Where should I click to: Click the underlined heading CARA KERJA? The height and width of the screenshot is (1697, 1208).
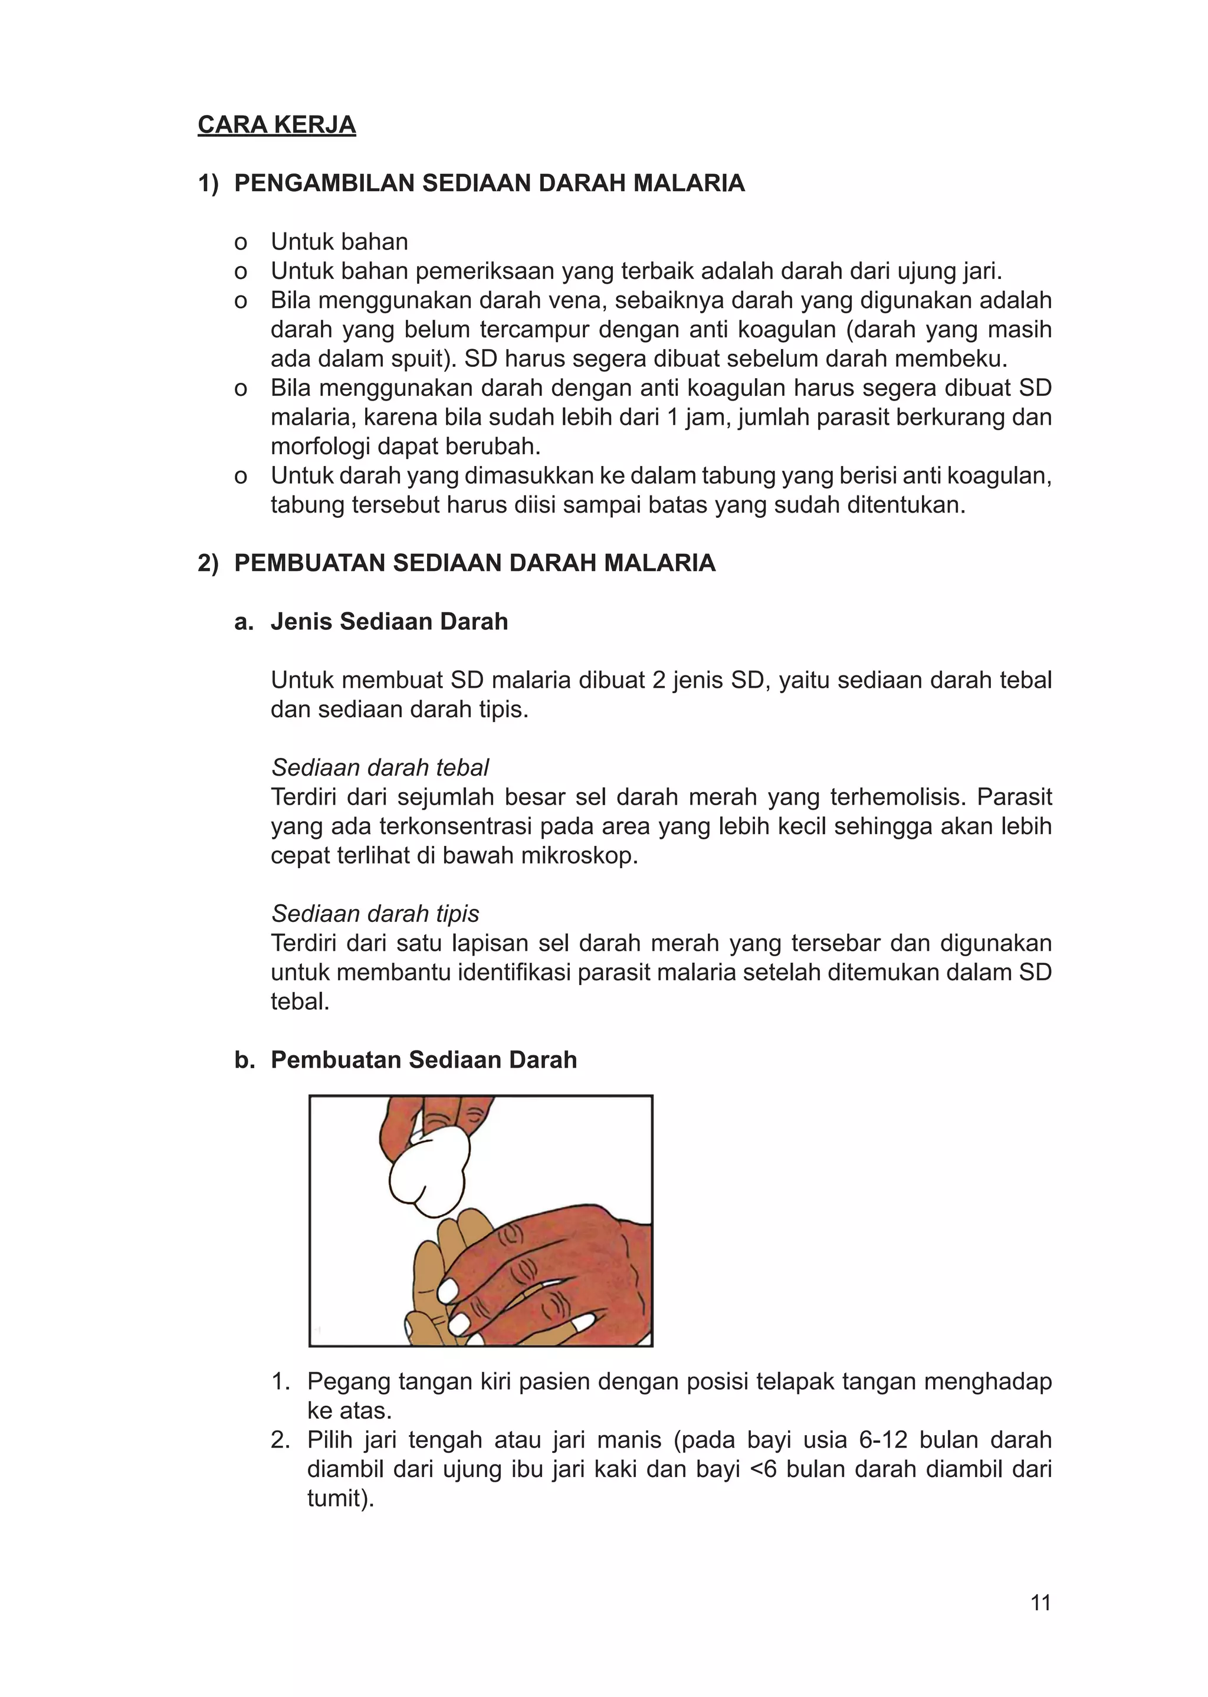pyautogui.click(x=276, y=125)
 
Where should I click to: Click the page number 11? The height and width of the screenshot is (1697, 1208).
pyautogui.click(x=1040, y=1603)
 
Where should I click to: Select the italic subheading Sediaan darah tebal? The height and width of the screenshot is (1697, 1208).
pyautogui.click(x=379, y=767)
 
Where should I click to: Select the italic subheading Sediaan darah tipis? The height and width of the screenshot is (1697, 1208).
pyautogui.click(x=375, y=913)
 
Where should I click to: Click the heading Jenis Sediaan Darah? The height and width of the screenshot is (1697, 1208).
pyautogui.click(x=389, y=622)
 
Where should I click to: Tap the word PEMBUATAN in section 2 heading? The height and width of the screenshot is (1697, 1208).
pyautogui.click(x=310, y=563)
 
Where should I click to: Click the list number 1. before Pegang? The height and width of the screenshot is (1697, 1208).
pyautogui.click(x=280, y=1381)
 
